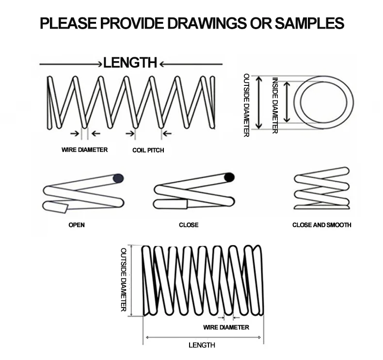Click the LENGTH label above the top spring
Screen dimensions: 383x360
click(130, 63)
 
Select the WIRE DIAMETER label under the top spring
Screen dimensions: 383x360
click(84, 149)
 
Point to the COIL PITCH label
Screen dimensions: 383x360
click(148, 150)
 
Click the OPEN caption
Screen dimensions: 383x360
click(77, 225)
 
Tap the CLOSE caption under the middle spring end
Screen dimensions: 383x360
click(189, 225)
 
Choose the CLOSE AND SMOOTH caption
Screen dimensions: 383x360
click(322, 225)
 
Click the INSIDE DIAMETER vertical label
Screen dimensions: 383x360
click(275, 105)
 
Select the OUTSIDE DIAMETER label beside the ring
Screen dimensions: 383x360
click(246, 105)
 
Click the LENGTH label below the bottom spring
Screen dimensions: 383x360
click(202, 345)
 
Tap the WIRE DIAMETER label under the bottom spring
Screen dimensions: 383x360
click(226, 327)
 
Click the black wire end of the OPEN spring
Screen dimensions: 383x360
click(118, 178)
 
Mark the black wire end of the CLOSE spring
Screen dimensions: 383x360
click(229, 177)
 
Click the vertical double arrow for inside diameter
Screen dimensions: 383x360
click(287, 102)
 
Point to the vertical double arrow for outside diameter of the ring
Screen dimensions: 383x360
click(258, 102)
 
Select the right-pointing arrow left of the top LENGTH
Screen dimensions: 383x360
click(70, 64)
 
